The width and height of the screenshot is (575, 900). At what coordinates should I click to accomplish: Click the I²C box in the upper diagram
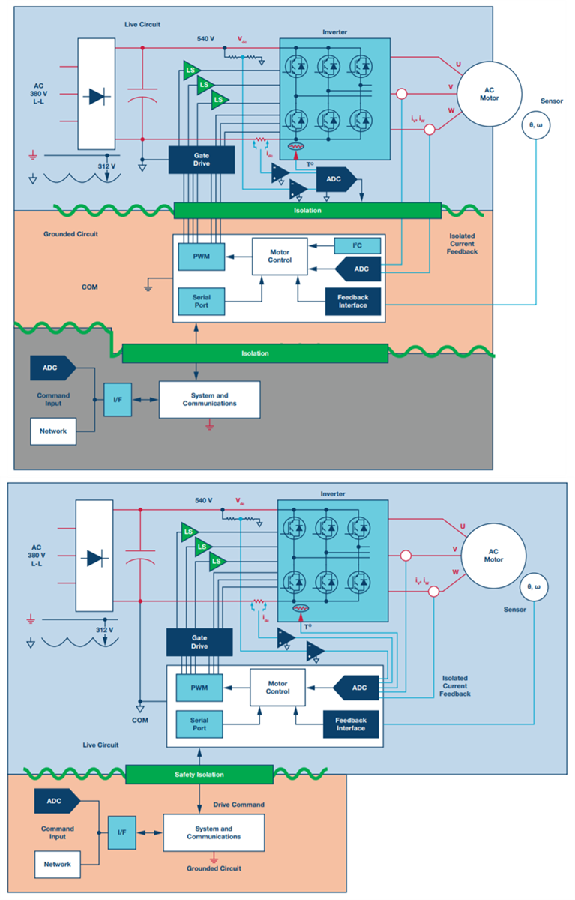(x=356, y=245)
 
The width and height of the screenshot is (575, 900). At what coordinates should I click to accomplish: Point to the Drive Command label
(x=238, y=805)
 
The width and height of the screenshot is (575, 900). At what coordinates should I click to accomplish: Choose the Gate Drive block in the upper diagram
(x=201, y=158)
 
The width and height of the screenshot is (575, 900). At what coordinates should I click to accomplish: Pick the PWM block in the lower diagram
(x=199, y=688)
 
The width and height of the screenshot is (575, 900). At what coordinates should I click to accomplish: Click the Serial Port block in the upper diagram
(x=201, y=301)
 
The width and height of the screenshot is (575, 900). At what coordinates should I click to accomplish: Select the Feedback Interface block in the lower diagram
(x=351, y=724)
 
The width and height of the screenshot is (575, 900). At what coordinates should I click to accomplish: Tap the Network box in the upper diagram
(x=53, y=431)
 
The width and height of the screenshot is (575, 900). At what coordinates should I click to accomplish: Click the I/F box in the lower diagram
(x=122, y=833)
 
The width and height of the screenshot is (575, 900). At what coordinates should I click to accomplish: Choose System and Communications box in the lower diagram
(x=214, y=832)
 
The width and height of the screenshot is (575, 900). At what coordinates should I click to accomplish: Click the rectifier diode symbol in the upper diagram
(x=95, y=95)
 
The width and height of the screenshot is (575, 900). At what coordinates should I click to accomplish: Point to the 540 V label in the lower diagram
(x=204, y=500)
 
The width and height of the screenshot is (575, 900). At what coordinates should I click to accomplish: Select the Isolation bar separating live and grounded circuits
(x=307, y=211)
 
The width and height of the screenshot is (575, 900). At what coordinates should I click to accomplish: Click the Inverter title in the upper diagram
(x=334, y=31)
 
